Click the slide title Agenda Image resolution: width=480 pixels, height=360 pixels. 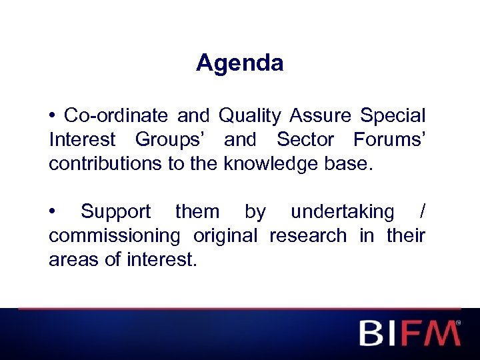(239, 63)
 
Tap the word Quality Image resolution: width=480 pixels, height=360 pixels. (249, 116)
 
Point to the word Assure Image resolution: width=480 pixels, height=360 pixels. (321, 116)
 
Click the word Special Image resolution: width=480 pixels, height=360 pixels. (393, 116)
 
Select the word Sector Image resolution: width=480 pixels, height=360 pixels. (306, 140)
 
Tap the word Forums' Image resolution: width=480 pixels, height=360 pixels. (389, 140)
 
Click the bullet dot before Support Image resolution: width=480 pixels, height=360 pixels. (53, 212)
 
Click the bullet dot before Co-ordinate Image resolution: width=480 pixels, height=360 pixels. (53, 116)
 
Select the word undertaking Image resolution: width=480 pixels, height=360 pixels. (343, 212)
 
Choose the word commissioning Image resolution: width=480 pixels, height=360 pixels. (114, 236)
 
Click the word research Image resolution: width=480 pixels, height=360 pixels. (308, 236)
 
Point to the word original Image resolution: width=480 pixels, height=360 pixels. (225, 236)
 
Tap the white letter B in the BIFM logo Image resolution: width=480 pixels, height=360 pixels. (374, 333)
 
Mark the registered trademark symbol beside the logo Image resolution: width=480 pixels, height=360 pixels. (458, 323)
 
